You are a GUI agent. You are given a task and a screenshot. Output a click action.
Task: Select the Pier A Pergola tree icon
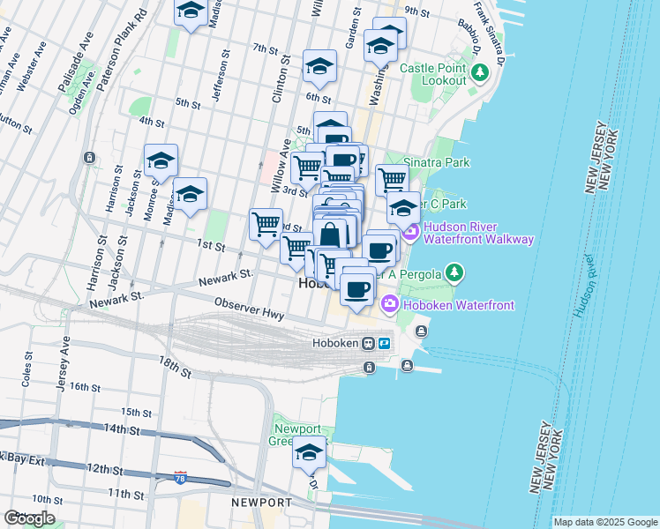pos(454,272)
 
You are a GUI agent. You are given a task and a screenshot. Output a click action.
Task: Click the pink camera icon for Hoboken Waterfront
pos(390,304)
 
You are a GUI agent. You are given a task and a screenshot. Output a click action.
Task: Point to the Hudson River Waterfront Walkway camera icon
pos(410,232)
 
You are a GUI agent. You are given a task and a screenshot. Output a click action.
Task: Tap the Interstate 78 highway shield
pos(181,477)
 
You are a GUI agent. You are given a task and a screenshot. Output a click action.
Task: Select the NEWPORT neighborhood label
pos(261,502)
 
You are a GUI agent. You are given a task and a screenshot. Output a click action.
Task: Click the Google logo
pos(29,518)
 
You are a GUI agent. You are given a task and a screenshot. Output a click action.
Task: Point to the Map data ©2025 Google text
pos(604,522)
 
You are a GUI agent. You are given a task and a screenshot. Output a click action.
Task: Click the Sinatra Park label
pos(438,162)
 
